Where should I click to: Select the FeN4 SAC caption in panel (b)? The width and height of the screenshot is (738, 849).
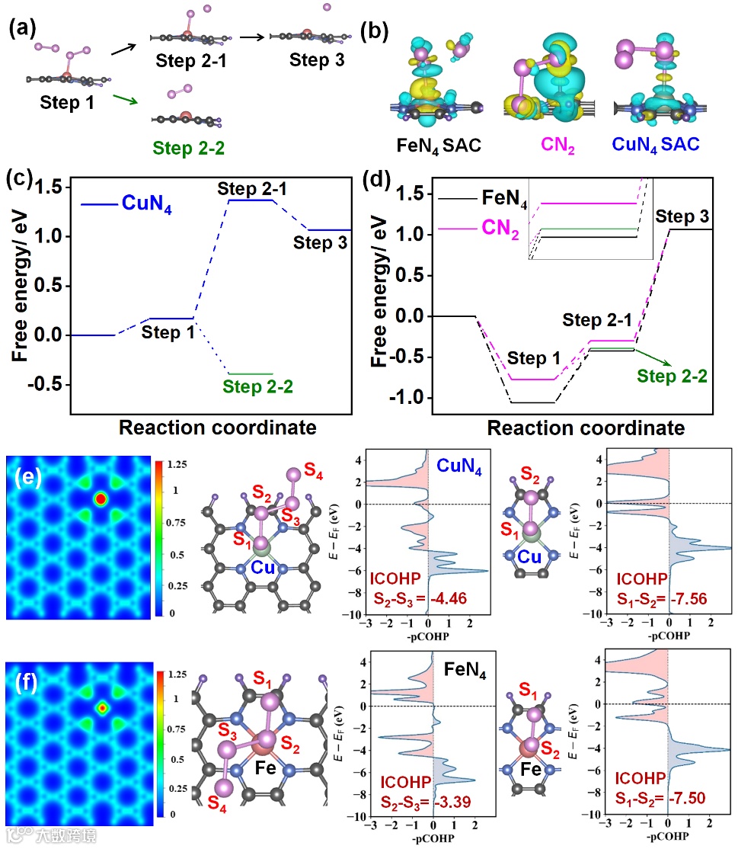[x=441, y=145]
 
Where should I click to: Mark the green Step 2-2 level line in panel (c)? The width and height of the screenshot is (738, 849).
[x=248, y=374]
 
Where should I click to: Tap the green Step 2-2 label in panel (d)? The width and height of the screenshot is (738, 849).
[x=671, y=376]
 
